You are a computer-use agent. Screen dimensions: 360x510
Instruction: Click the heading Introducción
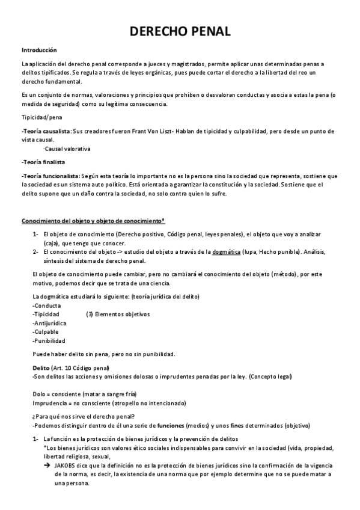[x=39, y=50]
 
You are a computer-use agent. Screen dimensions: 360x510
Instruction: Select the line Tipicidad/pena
[x=41, y=117]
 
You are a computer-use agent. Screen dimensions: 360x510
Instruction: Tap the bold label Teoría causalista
[x=46, y=131]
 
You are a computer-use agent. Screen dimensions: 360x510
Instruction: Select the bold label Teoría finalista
[x=43, y=162]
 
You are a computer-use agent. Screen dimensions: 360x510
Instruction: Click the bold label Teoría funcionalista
[x=50, y=175]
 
